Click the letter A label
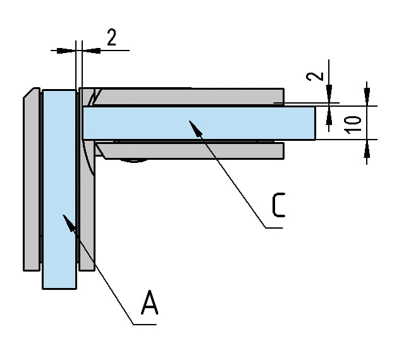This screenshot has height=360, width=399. coord(149,303)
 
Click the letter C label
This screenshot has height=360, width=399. coord(278,206)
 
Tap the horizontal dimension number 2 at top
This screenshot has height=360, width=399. coord(111,38)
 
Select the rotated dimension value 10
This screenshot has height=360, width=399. coord(355,123)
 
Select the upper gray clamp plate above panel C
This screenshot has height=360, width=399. coord(190,96)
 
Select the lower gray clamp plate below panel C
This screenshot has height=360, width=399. coord(190,150)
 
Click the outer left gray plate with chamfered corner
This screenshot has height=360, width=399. coord(32,183)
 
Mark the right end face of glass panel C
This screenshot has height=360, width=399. coord(315,123)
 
